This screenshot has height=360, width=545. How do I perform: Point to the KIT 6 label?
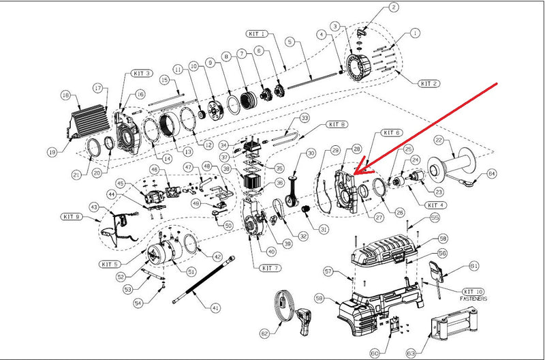[392, 132]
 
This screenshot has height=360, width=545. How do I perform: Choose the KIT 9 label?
[91, 217]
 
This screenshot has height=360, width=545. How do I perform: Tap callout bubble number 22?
[439, 140]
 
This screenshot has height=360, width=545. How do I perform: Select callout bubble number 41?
[216, 308]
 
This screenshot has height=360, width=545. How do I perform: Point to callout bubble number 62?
[264, 333]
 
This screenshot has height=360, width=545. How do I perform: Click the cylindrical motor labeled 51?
[162, 258]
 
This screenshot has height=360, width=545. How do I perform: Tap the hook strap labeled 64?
[465, 180]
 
